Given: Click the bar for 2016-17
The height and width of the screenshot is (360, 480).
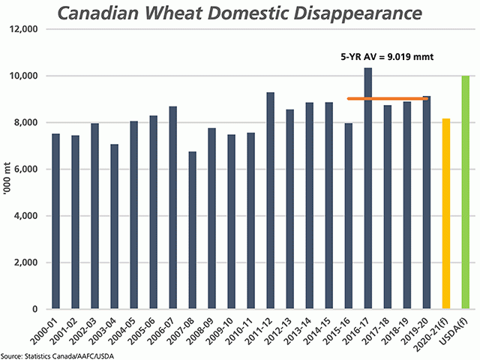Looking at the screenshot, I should pyautogui.click(x=368, y=187).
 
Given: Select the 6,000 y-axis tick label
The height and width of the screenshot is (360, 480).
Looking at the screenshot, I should pyautogui.click(x=28, y=169).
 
